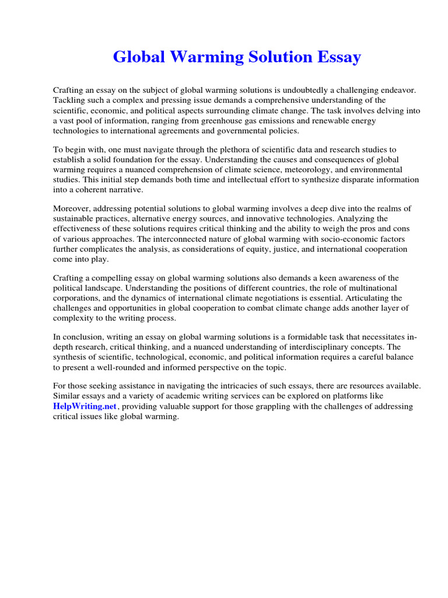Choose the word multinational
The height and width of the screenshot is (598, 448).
[x=367, y=288]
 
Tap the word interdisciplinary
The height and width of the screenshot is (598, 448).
[x=299, y=347]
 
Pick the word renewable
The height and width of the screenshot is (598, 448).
[x=326, y=120]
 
